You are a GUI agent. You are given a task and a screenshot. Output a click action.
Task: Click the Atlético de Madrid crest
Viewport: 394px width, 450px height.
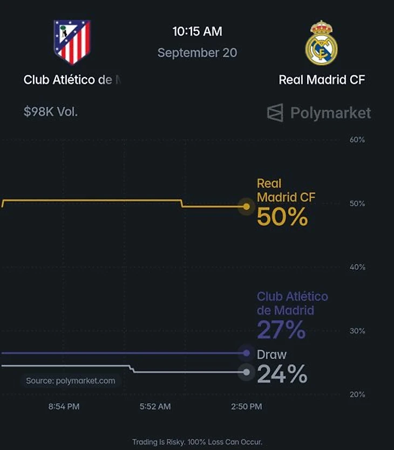pyautogui.click(x=72, y=42)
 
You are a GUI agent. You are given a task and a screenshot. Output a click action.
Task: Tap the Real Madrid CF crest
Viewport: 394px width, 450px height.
pyautogui.click(x=321, y=43)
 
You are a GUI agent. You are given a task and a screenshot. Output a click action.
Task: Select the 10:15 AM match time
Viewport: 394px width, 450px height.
pyautogui.click(x=198, y=31)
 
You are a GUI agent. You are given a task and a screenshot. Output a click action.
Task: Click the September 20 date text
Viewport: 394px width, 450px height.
pyautogui.click(x=197, y=53)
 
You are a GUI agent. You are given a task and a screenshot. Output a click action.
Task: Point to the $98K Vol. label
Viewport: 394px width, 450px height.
pyautogui.click(x=51, y=112)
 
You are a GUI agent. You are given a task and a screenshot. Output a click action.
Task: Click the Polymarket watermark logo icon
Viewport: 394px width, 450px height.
pyautogui.click(x=275, y=113)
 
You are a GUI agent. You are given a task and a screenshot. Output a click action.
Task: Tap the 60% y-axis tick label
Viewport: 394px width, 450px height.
pyautogui.click(x=357, y=140)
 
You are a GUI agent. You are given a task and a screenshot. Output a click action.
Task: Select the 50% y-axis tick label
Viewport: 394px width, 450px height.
pyautogui.click(x=357, y=204)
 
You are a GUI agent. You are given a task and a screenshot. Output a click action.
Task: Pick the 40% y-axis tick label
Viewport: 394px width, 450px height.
pyautogui.click(x=357, y=267)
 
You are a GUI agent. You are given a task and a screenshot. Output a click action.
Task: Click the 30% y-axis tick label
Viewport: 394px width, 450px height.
pyautogui.click(x=357, y=331)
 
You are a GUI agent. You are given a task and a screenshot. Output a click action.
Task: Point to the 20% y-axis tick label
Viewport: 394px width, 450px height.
pyautogui.click(x=357, y=394)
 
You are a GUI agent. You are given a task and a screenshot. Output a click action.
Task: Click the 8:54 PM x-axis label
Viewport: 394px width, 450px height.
pyautogui.click(x=64, y=406)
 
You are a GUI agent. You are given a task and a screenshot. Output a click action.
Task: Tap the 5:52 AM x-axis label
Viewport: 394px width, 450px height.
pyautogui.click(x=155, y=406)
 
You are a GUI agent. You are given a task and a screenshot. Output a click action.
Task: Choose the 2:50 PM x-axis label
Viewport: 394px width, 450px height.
pyautogui.click(x=247, y=406)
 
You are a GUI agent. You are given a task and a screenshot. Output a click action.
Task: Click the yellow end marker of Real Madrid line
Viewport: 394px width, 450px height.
pyautogui.click(x=246, y=206)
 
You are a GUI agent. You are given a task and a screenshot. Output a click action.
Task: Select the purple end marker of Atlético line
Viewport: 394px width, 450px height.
pyautogui.click(x=246, y=353)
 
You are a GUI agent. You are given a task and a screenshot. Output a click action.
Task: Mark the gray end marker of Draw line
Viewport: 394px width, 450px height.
pyautogui.click(x=246, y=372)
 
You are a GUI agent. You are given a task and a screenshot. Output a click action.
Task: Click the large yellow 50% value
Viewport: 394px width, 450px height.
pyautogui.click(x=282, y=217)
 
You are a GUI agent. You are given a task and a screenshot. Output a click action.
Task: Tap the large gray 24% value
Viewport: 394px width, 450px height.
pyautogui.click(x=282, y=373)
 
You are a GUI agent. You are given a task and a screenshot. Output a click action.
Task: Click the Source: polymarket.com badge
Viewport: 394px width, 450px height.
pyautogui.click(x=70, y=381)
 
